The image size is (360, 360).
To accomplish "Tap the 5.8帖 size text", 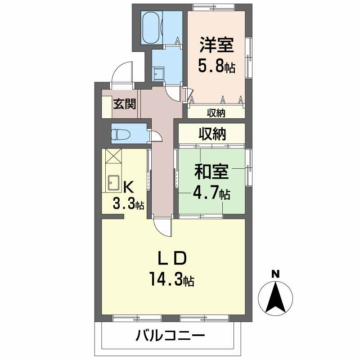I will tap(217, 67).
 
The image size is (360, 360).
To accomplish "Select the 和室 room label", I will tap(211, 172).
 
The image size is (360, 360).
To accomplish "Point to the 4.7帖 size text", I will tap(211, 194).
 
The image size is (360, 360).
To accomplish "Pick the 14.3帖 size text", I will tap(171, 280).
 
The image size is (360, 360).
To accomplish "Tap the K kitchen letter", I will tap(128, 186).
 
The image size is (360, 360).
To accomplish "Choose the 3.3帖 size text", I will tap(128, 205).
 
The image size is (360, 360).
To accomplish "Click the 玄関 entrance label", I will tap(124, 105).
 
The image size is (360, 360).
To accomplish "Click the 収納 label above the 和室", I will tap(212, 134).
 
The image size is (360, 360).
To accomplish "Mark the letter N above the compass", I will tap(275, 274).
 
